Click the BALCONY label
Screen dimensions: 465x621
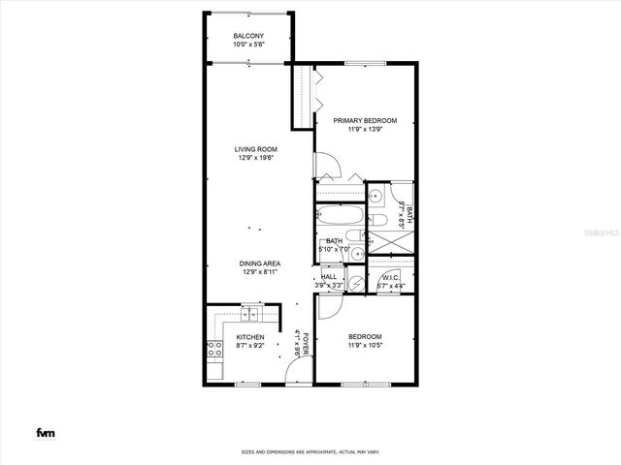pyautogui.click(x=248, y=36)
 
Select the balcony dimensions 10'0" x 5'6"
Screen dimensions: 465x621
pyautogui.click(x=248, y=45)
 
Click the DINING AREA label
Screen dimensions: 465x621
pyautogui.click(x=260, y=263)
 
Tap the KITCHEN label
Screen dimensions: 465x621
pyautogui.click(x=250, y=337)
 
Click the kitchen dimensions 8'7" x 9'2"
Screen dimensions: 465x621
pyautogui.click(x=250, y=346)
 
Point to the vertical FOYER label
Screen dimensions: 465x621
pyautogui.click(x=305, y=344)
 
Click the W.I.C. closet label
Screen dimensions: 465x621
pyautogui.click(x=391, y=276)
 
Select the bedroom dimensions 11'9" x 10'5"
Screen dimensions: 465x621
pyautogui.click(x=365, y=346)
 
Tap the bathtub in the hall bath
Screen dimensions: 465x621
pyautogui.click(x=340, y=217)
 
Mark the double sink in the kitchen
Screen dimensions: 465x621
pyautogui.click(x=252, y=315)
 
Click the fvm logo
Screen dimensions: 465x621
pyautogui.click(x=45, y=432)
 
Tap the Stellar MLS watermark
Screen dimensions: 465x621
pyautogui.click(x=593, y=233)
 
